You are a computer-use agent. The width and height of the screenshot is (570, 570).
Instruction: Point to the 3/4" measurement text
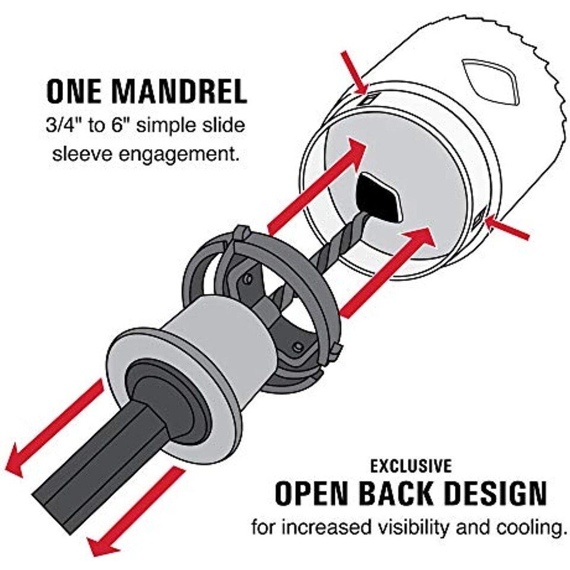65,126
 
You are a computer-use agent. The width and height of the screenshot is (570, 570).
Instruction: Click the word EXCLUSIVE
411,466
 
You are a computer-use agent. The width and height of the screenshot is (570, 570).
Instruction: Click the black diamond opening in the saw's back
380,198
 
